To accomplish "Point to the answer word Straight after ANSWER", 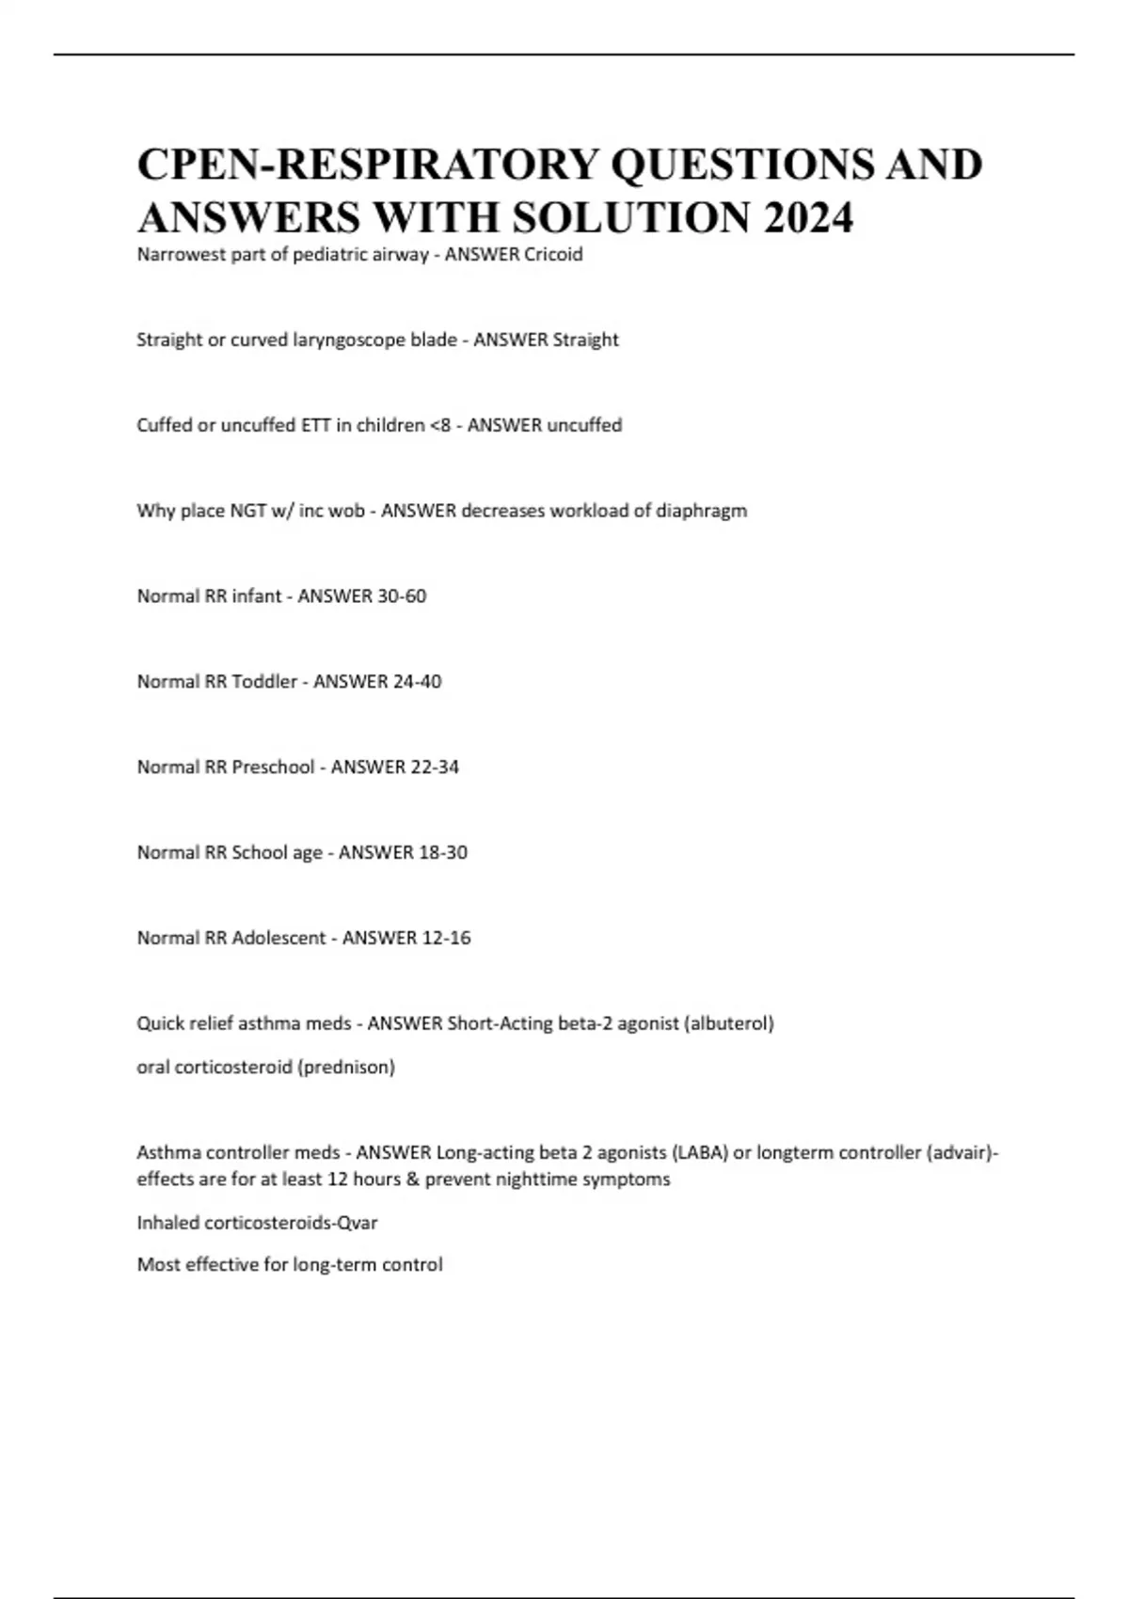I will [x=585, y=340].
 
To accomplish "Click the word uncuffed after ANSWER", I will [x=584, y=425].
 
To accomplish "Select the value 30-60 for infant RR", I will [x=403, y=596].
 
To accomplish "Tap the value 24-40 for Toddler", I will [x=418, y=682].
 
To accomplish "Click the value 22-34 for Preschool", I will [x=436, y=768].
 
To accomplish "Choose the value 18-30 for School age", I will [x=443, y=853].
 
